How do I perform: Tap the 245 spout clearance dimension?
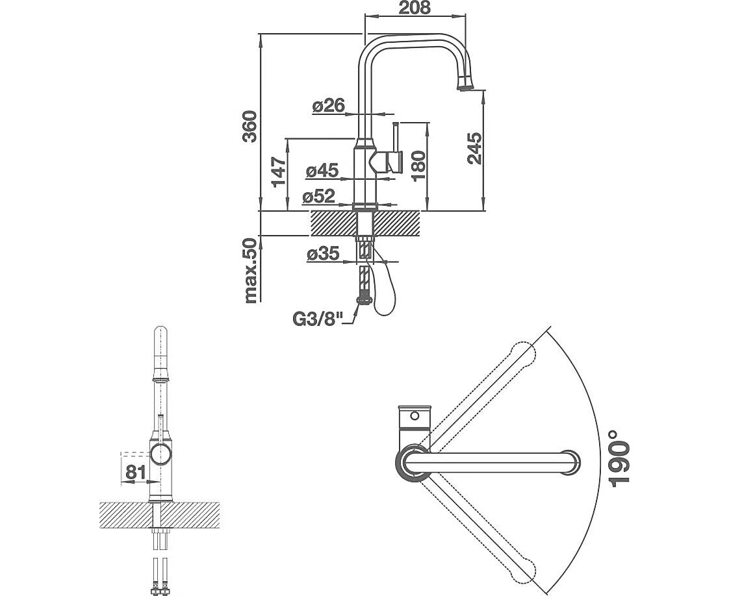[475, 149]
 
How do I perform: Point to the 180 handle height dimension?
[418, 166]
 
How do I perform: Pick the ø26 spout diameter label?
[327, 106]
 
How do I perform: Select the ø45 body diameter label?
[322, 171]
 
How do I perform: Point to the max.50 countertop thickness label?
[251, 270]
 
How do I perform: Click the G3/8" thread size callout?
[316, 320]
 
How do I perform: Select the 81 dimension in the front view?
[134, 472]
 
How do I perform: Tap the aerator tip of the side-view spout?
[465, 85]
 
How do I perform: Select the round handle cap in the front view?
[160, 454]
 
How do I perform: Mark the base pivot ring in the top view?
[411, 462]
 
